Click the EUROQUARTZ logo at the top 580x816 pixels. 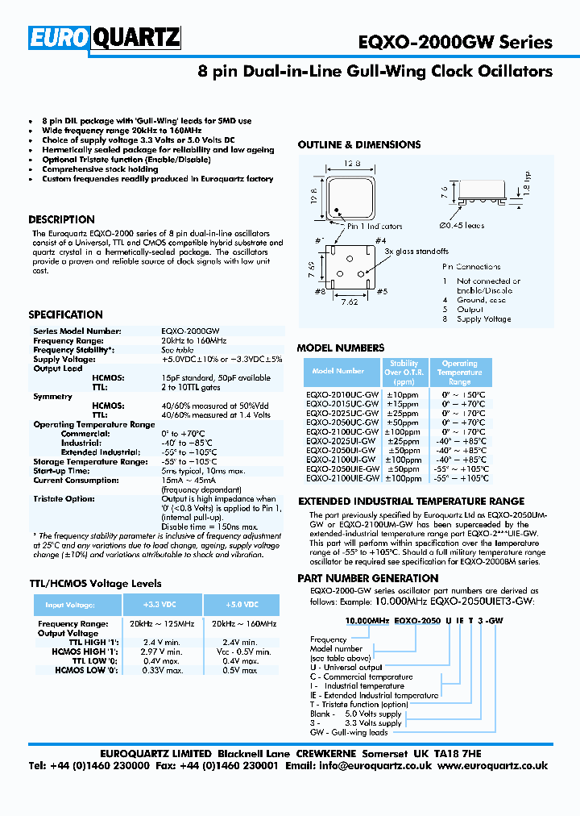point(106,37)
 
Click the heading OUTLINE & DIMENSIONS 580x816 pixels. point(358,145)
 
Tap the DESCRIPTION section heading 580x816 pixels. point(61,219)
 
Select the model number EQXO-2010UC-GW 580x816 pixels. point(342,394)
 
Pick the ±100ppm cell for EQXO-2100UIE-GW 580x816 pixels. point(404,478)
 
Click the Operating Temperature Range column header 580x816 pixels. point(459,373)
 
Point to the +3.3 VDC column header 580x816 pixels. point(161,605)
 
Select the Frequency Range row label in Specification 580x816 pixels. point(65,341)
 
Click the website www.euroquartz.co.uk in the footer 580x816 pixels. point(493,766)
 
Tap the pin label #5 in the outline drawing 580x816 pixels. point(381,292)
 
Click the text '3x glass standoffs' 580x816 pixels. point(416,252)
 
